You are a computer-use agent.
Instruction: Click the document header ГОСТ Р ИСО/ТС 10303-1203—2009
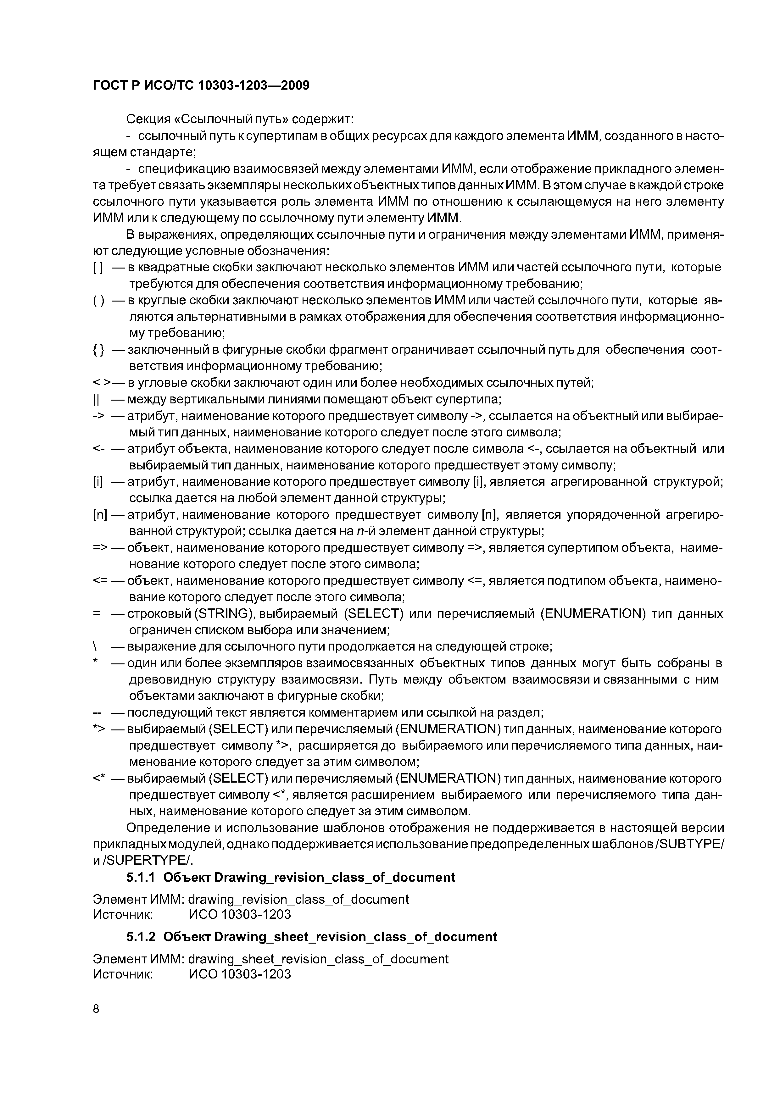tap(201, 86)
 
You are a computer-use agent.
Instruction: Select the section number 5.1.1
tap(140, 878)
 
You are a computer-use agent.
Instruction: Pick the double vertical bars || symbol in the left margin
tap(95, 400)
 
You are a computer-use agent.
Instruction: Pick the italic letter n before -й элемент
tap(359, 532)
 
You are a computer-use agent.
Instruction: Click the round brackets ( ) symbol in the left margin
tap(98, 301)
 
